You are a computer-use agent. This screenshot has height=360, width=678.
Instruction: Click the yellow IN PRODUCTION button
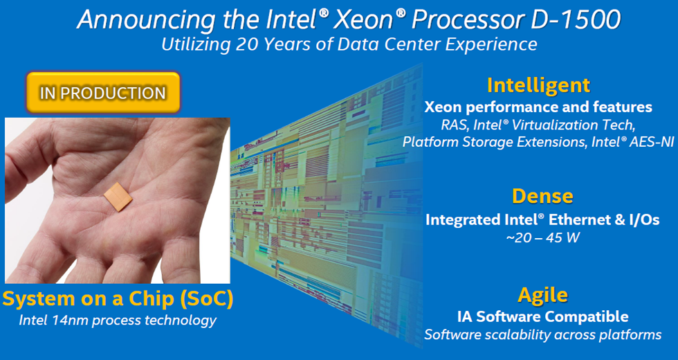point(103,93)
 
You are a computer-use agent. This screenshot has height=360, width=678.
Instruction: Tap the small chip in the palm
point(118,197)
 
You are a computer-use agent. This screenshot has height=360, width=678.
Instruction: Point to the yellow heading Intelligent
point(538,85)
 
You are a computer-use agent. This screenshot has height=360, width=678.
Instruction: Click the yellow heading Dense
point(542,196)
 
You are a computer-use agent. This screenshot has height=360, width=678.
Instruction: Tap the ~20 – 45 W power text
point(542,237)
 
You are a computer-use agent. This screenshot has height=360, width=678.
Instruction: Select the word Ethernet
point(578,220)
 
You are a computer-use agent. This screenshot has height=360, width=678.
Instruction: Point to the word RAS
point(454,125)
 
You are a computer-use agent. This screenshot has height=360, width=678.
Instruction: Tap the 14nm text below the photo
point(70,321)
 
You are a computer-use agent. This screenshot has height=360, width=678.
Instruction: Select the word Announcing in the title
point(147,21)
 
